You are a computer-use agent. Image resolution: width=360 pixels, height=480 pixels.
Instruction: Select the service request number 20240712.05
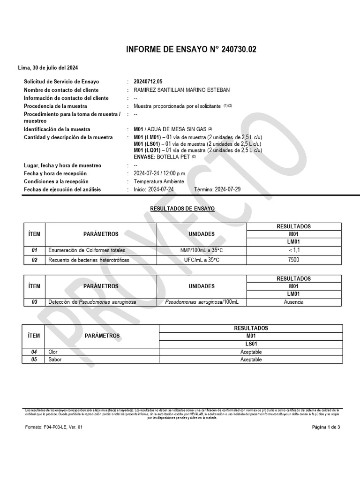pos(148,82)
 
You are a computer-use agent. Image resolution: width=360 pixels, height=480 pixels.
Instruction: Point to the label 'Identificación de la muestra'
pos(57,129)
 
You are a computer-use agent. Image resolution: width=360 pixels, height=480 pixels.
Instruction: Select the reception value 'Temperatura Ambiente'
pos(159,181)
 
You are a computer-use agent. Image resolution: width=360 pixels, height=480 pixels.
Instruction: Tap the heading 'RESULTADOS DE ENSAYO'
pos(182,208)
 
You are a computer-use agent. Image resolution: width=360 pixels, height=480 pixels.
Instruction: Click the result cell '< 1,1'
pos(294,250)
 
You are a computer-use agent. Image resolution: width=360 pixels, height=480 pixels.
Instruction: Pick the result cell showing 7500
pos(294,260)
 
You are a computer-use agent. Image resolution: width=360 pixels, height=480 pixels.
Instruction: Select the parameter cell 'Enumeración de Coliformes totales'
pos(87,250)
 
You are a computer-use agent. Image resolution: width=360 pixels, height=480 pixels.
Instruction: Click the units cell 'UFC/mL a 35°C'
pos(202,260)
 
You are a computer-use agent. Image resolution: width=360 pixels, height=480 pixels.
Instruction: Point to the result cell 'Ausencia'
pos(294,302)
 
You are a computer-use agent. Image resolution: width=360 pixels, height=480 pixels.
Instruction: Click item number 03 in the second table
pos(34,302)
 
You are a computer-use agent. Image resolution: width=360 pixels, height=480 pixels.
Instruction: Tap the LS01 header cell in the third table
pos(251,344)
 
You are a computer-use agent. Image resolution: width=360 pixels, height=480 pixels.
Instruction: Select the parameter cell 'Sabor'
pos(55,360)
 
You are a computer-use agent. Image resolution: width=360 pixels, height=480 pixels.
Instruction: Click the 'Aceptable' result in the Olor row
pos(251,352)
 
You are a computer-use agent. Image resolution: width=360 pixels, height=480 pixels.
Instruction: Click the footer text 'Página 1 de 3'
pos(326,427)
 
